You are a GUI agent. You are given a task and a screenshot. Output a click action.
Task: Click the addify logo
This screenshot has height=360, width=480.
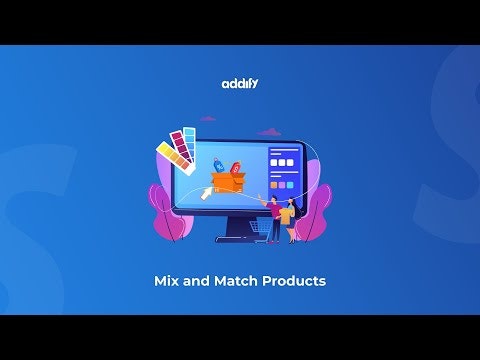pyautogui.click(x=240, y=84)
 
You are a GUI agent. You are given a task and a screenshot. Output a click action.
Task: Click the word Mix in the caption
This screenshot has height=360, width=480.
pyautogui.click(x=170, y=281)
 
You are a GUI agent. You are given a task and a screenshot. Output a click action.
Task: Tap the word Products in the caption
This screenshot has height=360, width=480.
pyautogui.click(x=294, y=281)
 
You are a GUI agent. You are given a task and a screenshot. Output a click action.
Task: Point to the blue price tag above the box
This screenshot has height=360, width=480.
pyautogui.click(x=218, y=165)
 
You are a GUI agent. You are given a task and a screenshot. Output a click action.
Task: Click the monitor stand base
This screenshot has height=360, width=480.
pyautogui.click(x=240, y=238)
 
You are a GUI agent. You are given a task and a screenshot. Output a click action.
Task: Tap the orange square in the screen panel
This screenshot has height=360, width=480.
pyautogui.click(x=274, y=185)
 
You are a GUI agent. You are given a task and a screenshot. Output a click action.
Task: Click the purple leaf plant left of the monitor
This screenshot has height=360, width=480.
pyautogui.click(x=163, y=212)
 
